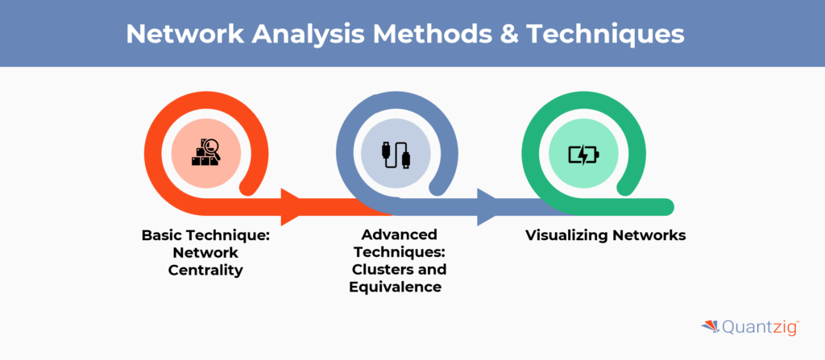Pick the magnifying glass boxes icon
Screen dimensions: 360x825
[206, 152]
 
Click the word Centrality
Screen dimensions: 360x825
[205, 270]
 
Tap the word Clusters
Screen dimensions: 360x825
[389, 269]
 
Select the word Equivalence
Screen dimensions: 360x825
[395, 287]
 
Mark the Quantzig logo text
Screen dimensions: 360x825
[758, 327]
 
